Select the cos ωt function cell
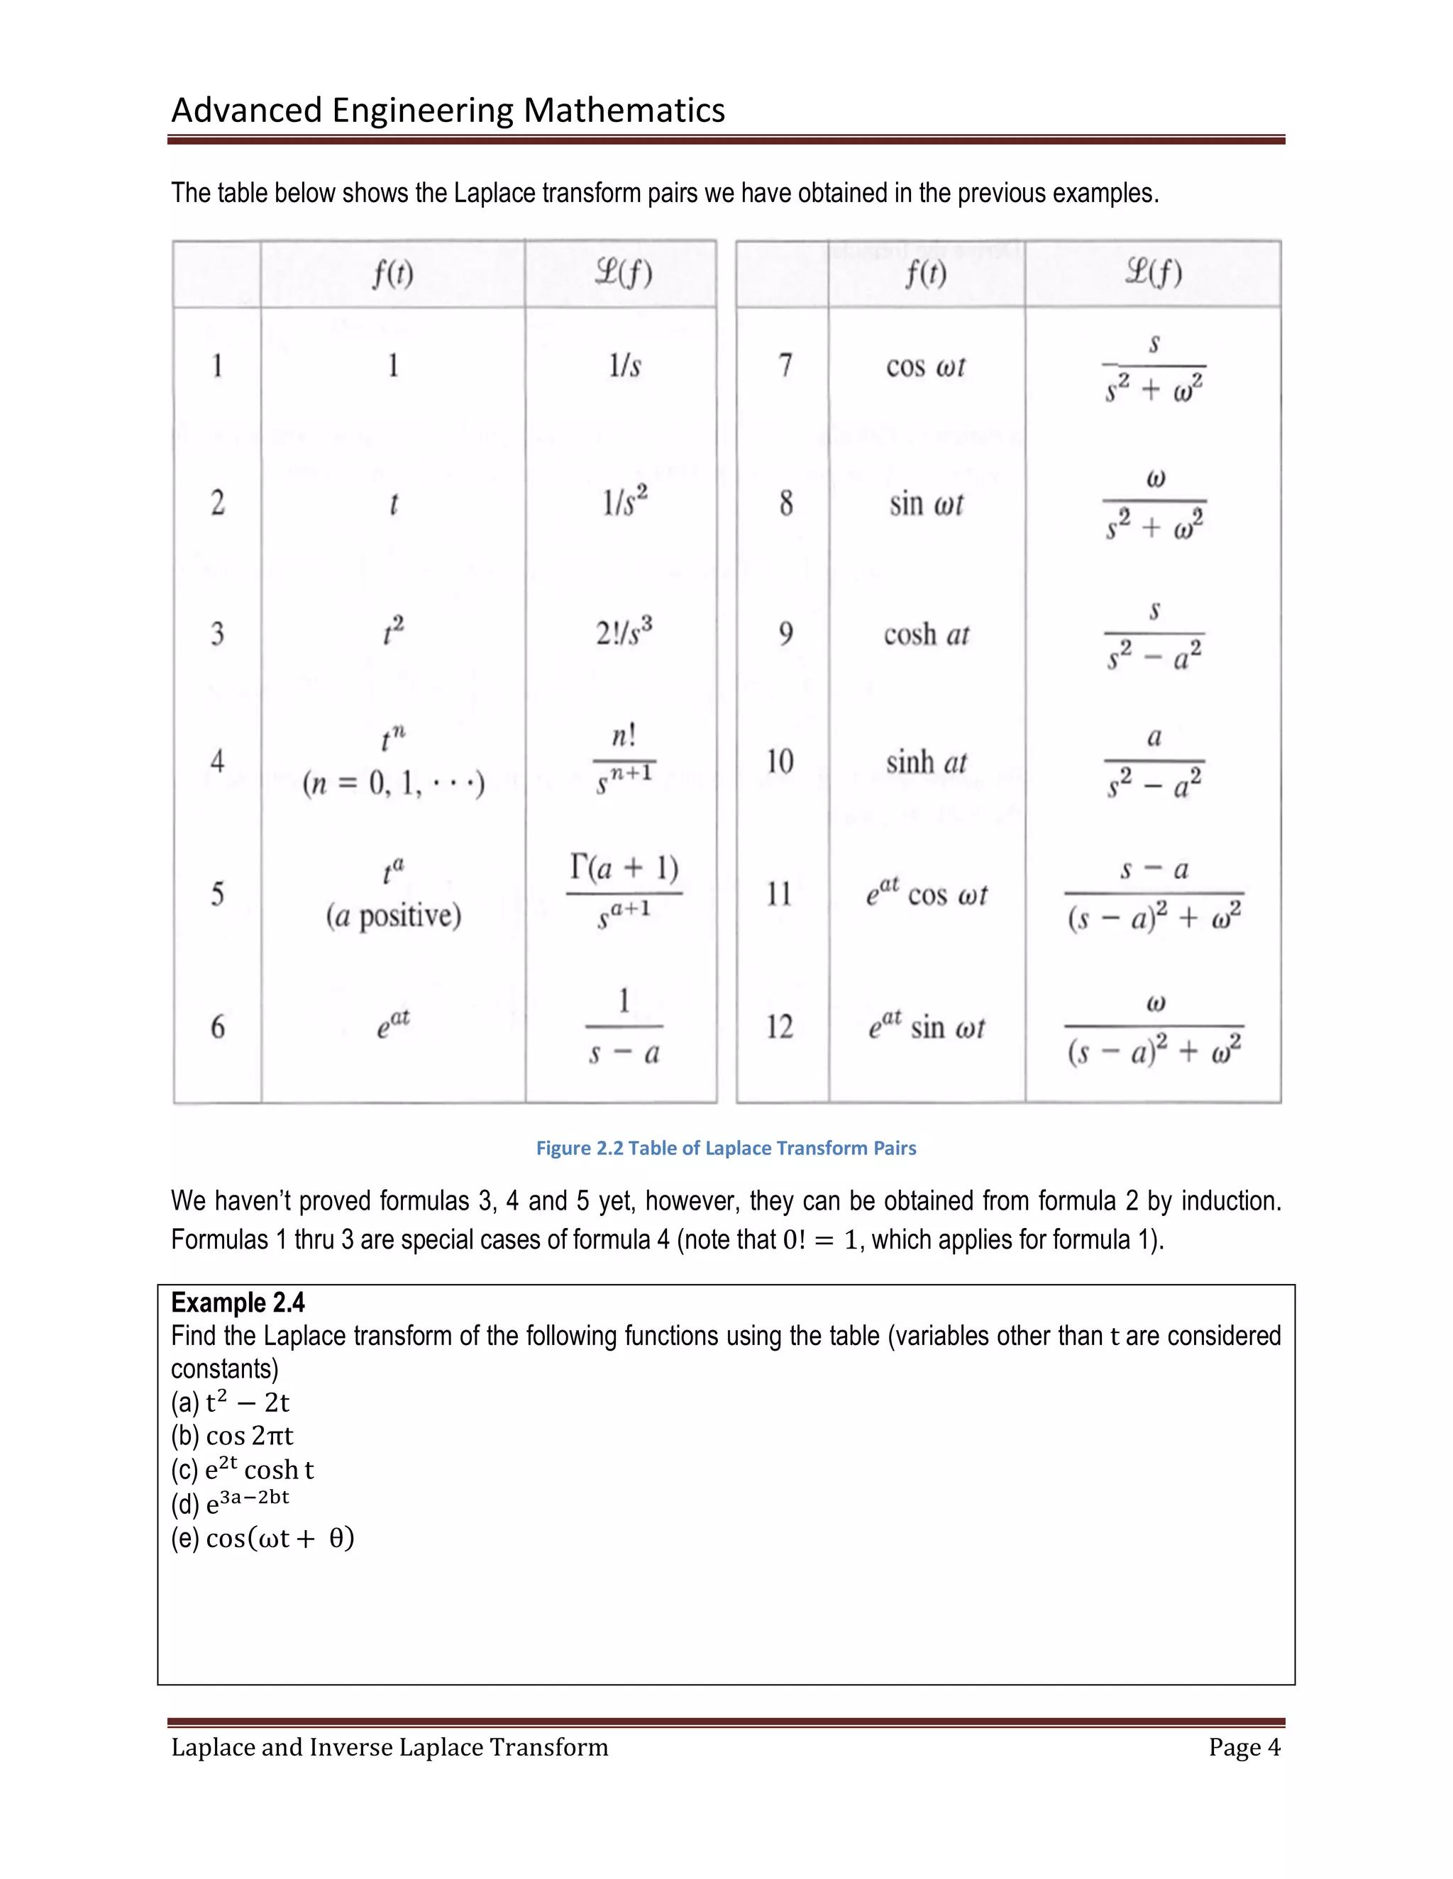click(925, 367)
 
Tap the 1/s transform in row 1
click(624, 366)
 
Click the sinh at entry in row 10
click(926, 762)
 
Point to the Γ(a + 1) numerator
click(624, 867)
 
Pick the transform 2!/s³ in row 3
click(624, 633)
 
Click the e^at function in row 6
click(393, 1025)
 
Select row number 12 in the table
click(780, 1027)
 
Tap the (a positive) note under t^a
click(393, 915)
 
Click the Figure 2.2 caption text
click(726, 1148)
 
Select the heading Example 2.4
click(238, 1302)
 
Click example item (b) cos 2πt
click(233, 1436)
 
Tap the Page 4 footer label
click(1244, 1747)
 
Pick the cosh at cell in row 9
click(926, 635)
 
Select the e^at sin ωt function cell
click(926, 1027)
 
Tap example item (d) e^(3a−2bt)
click(230, 1503)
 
